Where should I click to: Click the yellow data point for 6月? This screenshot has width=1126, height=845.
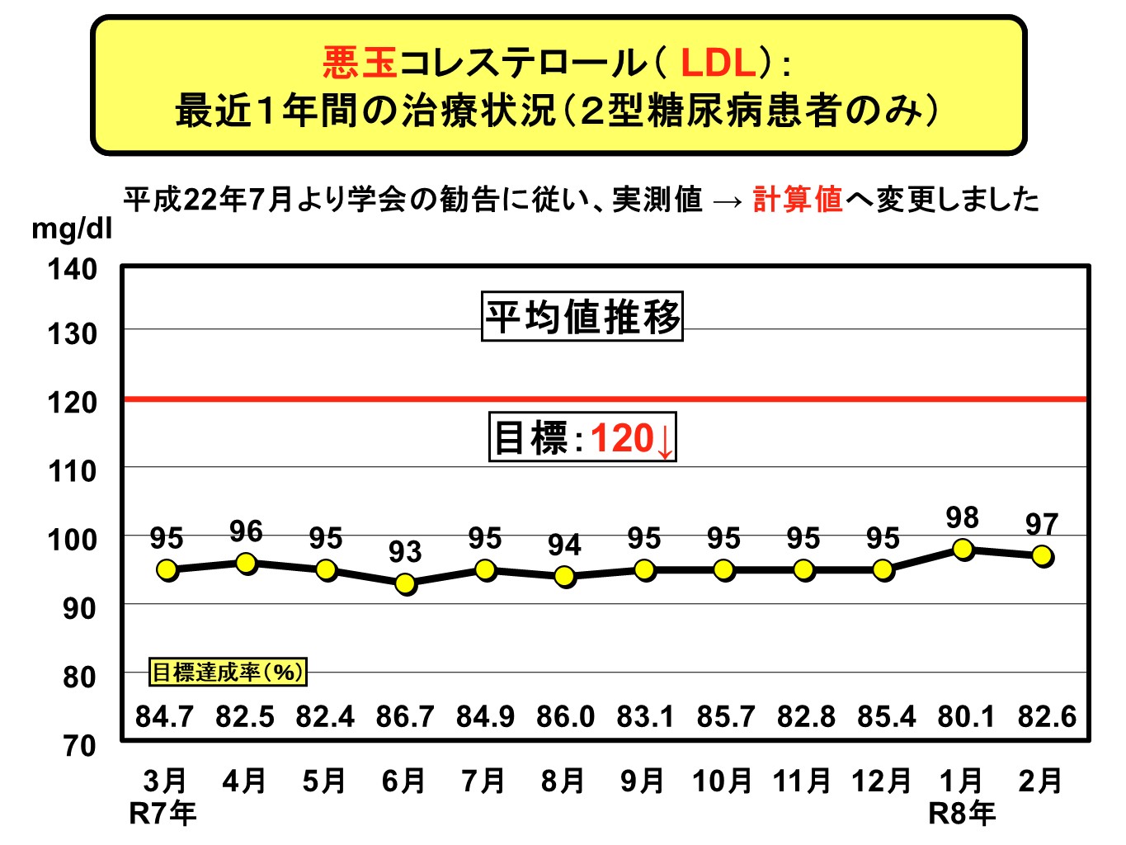405,583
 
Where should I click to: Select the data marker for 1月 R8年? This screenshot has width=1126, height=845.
963,550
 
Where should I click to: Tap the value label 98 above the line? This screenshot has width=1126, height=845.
962,517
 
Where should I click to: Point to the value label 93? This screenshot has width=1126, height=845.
405,551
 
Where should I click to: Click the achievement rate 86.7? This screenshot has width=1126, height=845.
405,716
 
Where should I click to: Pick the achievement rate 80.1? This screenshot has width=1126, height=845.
966,716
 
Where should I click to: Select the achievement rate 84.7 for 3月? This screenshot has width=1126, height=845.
164,716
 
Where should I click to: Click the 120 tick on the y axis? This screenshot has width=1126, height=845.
72,402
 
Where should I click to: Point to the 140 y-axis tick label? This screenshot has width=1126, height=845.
72,269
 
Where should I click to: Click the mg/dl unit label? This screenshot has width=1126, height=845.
71,229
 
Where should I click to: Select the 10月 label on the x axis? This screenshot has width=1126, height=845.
723,781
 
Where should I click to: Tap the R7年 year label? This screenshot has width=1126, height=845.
163,814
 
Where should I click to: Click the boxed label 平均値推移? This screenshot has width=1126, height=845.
582,317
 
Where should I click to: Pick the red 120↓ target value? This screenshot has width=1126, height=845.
632,438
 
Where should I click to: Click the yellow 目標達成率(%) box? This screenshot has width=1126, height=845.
228,672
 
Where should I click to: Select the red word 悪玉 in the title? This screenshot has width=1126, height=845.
360,63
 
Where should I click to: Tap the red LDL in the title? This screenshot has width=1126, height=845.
718,63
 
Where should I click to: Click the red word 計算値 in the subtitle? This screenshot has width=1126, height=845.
798,200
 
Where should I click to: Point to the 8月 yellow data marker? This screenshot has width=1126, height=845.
565,577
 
